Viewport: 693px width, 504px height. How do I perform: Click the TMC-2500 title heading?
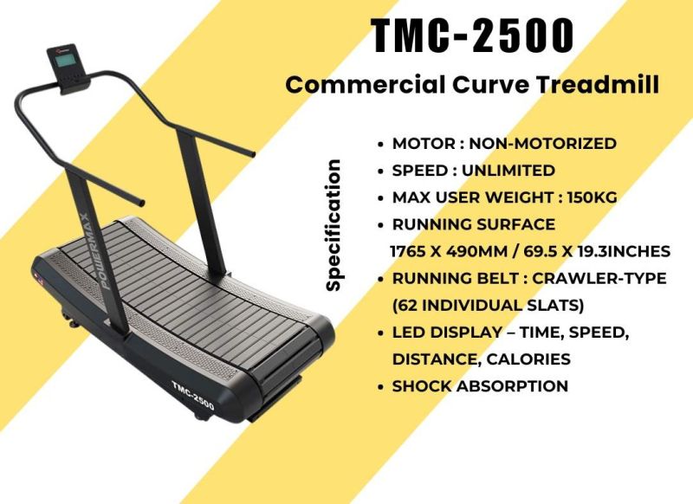[473, 36]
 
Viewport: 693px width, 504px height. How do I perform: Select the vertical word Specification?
[334, 224]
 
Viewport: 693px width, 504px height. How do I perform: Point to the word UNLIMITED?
[508, 171]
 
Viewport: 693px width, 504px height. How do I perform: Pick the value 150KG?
[592, 197]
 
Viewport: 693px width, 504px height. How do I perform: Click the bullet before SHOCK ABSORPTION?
[381, 387]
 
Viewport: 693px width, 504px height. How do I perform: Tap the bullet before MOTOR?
[381, 145]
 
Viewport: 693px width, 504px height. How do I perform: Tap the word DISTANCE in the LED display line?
[431, 359]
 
